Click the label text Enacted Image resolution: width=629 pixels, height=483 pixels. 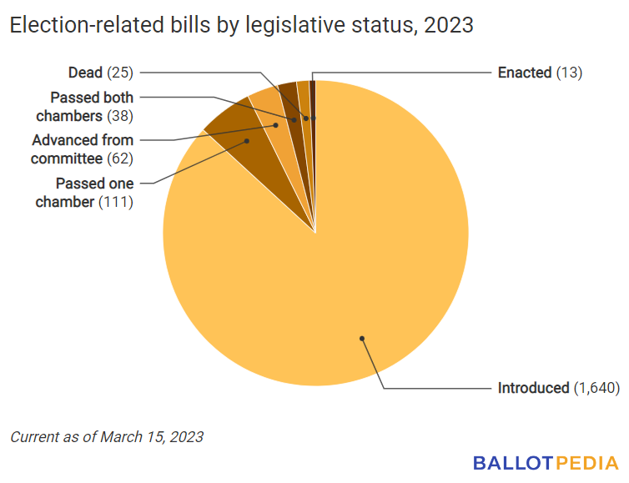[x=524, y=73]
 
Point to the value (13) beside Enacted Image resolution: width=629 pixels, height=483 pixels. [x=568, y=73]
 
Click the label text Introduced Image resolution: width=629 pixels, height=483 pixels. [x=533, y=388]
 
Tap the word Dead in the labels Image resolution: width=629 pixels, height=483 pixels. [x=84, y=73]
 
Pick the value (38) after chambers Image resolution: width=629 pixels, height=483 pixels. [x=119, y=115]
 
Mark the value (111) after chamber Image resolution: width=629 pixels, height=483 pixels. [x=116, y=202]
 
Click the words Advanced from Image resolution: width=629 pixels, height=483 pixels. [x=83, y=140]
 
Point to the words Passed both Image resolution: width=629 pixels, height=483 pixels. [x=92, y=98]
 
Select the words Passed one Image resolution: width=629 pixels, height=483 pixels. [x=94, y=184]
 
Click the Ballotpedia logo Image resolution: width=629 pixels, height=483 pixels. [x=546, y=462]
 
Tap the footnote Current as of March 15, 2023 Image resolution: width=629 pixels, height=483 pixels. [x=107, y=436]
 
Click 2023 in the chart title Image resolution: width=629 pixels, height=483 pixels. [x=449, y=26]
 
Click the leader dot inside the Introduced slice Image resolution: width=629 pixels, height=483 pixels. [x=362, y=338]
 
